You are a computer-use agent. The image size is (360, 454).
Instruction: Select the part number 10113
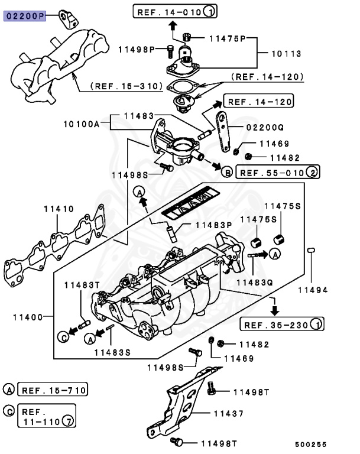[286, 54]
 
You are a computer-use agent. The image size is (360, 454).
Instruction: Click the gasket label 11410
[59, 209]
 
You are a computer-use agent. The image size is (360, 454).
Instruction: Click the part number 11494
[313, 290]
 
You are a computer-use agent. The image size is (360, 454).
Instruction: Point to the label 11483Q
[255, 282]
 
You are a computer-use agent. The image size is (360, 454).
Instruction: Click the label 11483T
[83, 285]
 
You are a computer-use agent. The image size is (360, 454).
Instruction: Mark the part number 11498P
[136, 48]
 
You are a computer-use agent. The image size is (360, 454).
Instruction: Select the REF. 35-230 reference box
[282, 324]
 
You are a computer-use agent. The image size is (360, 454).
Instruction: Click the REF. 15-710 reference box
[53, 390]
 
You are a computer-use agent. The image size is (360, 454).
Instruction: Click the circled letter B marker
[227, 173]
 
